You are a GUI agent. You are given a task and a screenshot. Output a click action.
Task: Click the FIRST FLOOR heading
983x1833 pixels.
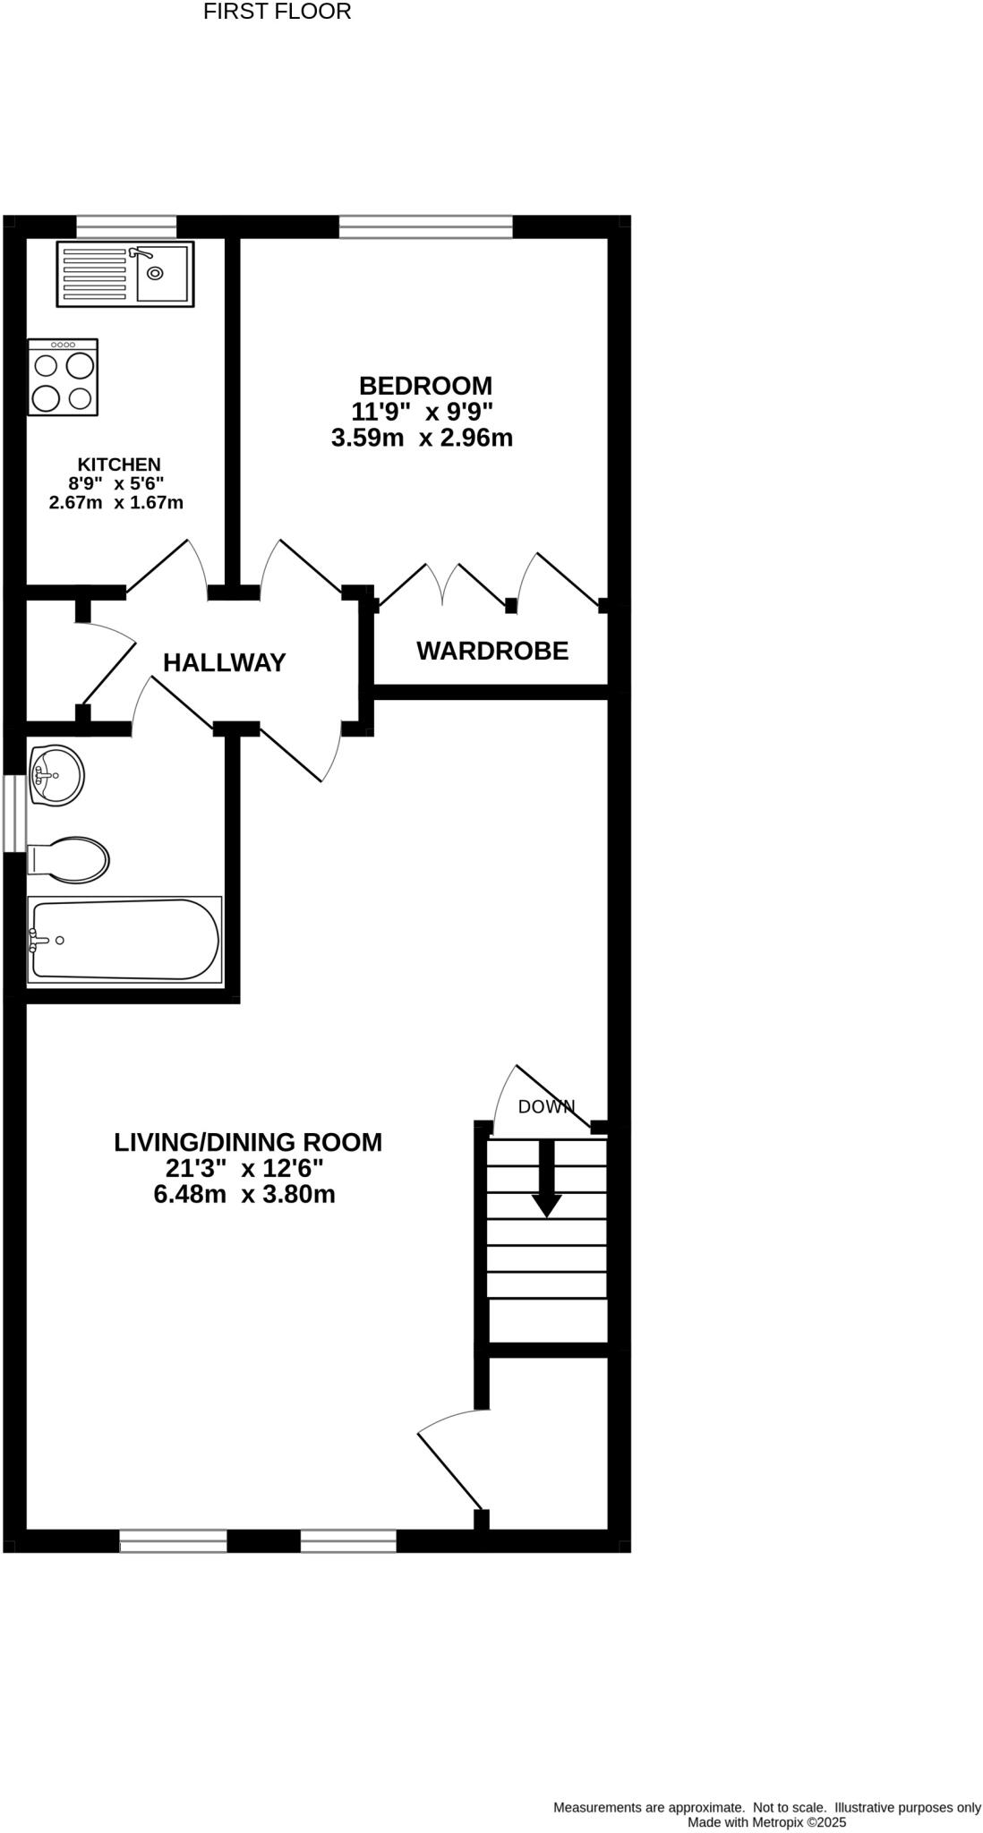277,12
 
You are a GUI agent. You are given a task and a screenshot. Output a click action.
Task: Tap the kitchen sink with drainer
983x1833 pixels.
125,274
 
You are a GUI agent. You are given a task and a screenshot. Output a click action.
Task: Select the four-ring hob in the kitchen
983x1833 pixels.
63,378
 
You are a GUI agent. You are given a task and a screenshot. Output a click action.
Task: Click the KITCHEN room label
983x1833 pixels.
119,465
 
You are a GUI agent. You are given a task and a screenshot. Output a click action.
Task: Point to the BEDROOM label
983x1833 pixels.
425,386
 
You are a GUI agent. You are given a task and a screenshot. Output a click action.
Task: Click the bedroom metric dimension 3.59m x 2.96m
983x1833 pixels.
422,439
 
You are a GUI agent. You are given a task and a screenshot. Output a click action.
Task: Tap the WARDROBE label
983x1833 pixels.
492,651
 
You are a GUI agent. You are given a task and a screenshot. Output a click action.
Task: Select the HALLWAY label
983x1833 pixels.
225,662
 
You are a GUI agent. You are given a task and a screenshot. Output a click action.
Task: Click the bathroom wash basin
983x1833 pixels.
56,775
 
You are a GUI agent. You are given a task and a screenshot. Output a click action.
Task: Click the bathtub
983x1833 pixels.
124,940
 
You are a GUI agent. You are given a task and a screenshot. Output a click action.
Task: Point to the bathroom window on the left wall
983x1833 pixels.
13,814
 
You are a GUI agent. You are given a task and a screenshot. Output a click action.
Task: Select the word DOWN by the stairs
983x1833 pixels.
546,1106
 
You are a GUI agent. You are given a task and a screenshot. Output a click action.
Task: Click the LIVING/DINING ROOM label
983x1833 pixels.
248,1142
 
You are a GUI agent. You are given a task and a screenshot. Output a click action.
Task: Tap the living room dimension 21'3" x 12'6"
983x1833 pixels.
244,1168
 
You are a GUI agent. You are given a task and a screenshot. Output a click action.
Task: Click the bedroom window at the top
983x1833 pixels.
425,226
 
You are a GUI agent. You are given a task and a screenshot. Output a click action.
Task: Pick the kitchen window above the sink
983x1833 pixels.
126,226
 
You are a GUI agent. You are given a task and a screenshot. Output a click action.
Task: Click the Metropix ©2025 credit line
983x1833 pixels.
766,1821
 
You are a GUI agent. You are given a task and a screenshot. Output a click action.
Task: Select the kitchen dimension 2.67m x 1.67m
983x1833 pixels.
116,502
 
